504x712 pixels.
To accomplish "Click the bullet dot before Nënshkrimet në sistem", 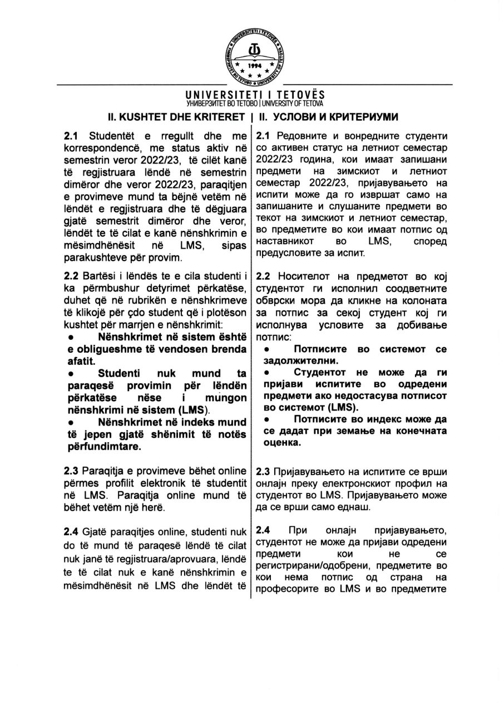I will [71, 337].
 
